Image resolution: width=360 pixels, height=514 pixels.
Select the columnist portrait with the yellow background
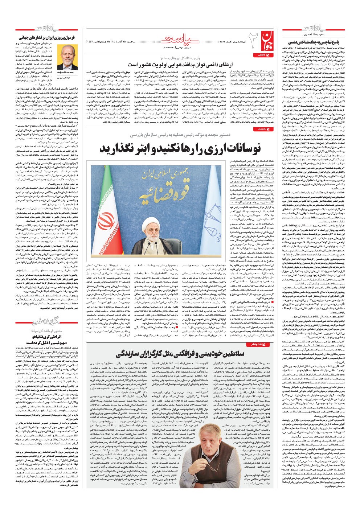67,56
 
